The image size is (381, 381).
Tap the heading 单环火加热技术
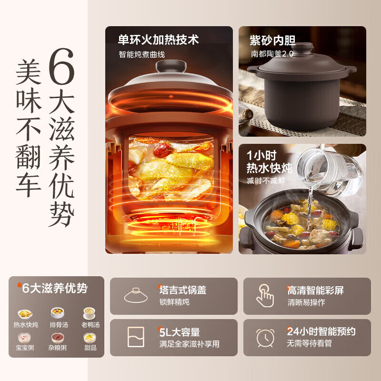coord(158,40)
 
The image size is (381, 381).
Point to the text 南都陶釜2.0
coord(272,54)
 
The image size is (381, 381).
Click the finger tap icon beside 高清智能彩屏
coord(265,295)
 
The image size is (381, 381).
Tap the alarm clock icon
coord(265,337)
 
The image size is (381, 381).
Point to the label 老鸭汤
coord(90,325)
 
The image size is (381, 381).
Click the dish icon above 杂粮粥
coord(57,338)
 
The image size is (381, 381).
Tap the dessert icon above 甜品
coord(90,338)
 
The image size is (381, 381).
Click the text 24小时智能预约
coord(321,331)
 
